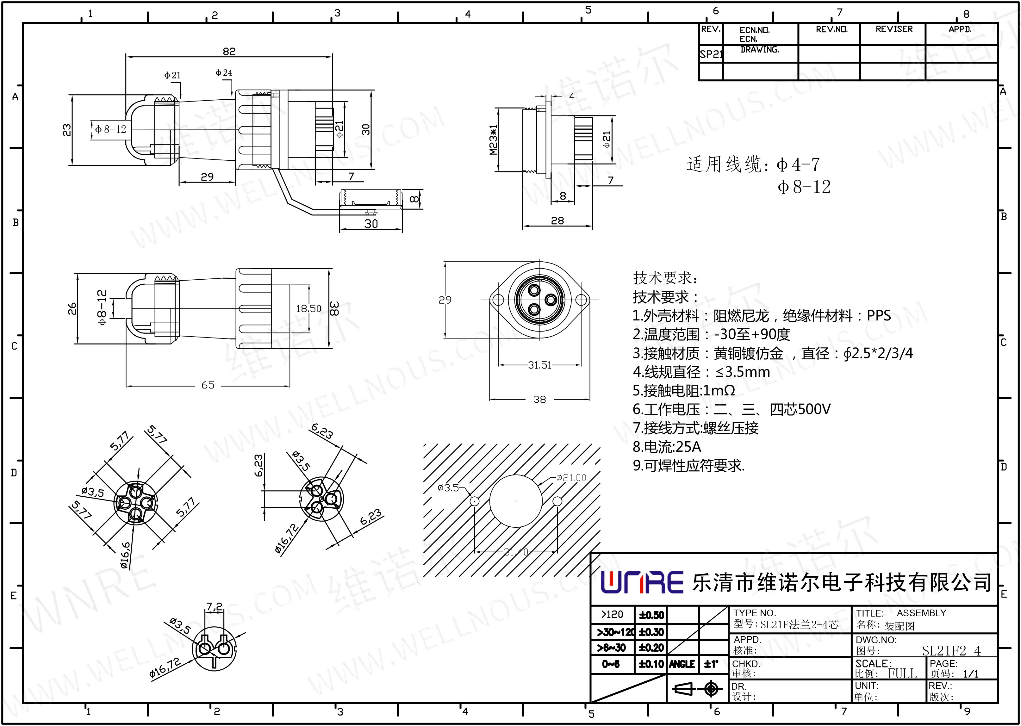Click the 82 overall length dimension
point(229,52)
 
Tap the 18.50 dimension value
point(308,308)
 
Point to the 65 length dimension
point(208,385)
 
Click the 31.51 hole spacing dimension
point(539,365)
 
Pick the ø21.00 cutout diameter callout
point(571,477)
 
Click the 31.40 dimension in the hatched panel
point(516,552)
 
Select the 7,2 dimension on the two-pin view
point(214,607)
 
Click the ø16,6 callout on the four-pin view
point(126,555)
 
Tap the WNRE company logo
point(642,582)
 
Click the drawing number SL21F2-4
point(951,650)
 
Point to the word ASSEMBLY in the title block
point(921,613)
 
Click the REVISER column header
point(893,29)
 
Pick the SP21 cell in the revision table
point(711,54)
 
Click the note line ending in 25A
point(667,447)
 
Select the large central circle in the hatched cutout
point(516,501)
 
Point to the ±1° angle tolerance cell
point(711,664)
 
